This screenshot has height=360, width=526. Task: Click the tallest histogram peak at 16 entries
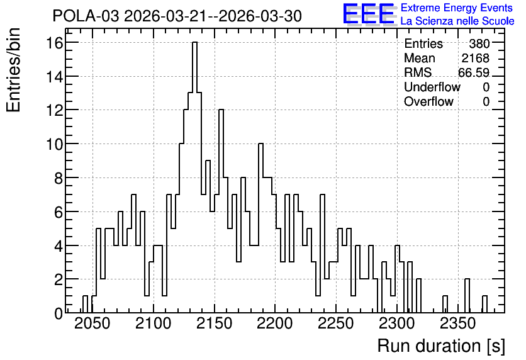pyautogui.click(x=194, y=43)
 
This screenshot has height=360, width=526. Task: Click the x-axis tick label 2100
pyautogui.click(x=154, y=323)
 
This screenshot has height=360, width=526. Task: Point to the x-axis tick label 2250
pyautogui.click(x=336, y=323)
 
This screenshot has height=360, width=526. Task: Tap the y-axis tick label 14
pyautogui.click(x=55, y=77)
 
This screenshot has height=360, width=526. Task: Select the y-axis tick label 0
pyautogui.click(x=59, y=313)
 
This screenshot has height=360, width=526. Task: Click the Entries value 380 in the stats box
pyautogui.click(x=479, y=43)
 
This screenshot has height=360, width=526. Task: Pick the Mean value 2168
pyautogui.click(x=475, y=58)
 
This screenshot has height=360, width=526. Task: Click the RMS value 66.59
pyautogui.click(x=474, y=72)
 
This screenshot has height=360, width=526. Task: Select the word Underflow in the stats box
pyautogui.click(x=432, y=87)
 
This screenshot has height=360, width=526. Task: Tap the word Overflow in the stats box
pyautogui.click(x=428, y=101)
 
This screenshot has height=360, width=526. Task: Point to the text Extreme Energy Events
pyautogui.click(x=457, y=8)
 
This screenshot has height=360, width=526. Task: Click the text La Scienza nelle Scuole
pyautogui.click(x=457, y=21)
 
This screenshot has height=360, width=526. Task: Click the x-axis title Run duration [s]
pyautogui.click(x=441, y=346)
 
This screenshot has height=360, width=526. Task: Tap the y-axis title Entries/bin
pyautogui.click(x=14, y=70)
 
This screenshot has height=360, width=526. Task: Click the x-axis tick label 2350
pyautogui.click(x=457, y=323)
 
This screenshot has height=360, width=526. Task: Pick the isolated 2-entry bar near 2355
pyautogui.click(x=467, y=296)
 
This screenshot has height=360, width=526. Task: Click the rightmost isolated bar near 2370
pyautogui.click(x=484, y=305)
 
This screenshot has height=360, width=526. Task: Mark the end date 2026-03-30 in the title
pyautogui.click(x=260, y=16)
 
